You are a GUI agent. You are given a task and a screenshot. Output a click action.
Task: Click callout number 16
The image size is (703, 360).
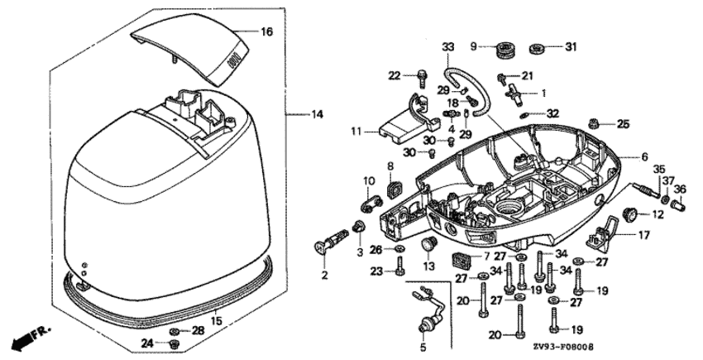[266, 31]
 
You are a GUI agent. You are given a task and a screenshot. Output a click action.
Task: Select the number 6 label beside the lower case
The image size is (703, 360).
[645, 156]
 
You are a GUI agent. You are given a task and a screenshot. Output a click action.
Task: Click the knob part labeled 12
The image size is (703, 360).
[629, 214]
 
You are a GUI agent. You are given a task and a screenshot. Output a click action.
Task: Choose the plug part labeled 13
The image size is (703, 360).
[428, 244]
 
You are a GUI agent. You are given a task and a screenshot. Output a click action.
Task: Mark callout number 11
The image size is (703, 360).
[356, 131]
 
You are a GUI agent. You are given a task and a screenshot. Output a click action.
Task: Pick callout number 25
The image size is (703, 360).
[623, 124]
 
